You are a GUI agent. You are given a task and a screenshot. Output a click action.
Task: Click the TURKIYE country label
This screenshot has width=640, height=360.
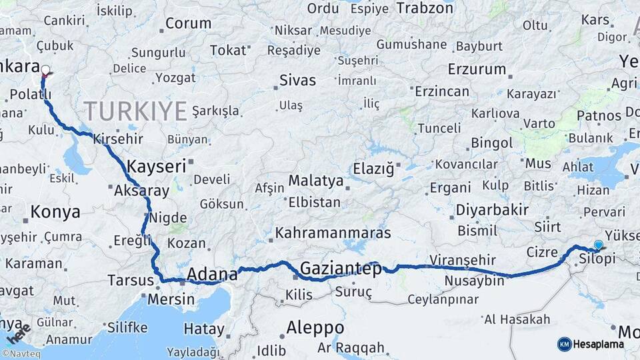[x=135, y=111]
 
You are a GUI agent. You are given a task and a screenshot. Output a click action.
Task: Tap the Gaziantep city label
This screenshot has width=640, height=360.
[x=341, y=269]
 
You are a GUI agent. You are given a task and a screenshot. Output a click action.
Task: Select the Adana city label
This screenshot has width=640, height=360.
[x=212, y=274]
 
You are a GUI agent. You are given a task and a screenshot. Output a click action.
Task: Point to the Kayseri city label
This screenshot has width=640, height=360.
[x=156, y=166]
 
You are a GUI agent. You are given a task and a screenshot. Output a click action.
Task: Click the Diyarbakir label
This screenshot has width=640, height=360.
[x=492, y=210]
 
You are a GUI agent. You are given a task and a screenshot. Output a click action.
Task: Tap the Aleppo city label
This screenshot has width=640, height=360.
[x=315, y=328]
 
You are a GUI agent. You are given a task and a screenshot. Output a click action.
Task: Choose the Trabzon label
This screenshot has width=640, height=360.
[x=425, y=8]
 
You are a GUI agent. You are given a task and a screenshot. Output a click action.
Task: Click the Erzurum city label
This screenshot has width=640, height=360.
[x=477, y=69]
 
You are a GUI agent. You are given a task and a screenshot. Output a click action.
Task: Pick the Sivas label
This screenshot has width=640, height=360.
[x=297, y=81]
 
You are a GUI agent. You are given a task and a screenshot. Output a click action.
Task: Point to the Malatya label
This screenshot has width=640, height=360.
[x=315, y=181]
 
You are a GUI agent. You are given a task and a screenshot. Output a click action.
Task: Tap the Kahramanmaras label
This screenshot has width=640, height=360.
[x=333, y=233]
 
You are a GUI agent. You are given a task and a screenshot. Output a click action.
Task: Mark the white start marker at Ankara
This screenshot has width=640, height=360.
[x=45, y=70]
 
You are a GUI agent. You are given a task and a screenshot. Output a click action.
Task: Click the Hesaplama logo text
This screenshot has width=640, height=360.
[x=599, y=344]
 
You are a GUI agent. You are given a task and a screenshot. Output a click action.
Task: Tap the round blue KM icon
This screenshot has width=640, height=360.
[x=564, y=344]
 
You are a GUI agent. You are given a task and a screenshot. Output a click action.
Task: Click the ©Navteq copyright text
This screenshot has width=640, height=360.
[x=21, y=354]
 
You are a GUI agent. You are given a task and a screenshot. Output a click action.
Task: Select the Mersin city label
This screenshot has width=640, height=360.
[x=171, y=299]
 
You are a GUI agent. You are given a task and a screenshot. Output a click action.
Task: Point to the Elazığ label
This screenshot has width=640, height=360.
[x=369, y=167]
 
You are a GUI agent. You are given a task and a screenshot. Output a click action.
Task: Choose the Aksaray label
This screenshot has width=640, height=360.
[x=141, y=190]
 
